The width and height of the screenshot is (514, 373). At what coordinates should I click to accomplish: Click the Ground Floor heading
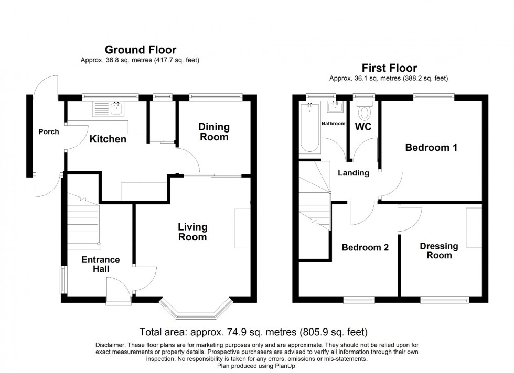pyautogui.click(x=140, y=50)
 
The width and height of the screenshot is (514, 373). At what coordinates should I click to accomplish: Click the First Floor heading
pyautogui.click(x=389, y=68)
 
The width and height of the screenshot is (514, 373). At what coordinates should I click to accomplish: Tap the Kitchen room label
pyautogui.click(x=108, y=139)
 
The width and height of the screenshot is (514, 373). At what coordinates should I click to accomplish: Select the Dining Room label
pyautogui.click(x=213, y=132)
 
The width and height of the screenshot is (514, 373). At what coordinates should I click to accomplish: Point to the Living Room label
pyautogui.click(x=192, y=232)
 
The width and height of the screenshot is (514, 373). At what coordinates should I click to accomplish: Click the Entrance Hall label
pyautogui.click(x=101, y=265)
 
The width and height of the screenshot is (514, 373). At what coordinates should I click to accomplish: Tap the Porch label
pyautogui.click(x=49, y=131)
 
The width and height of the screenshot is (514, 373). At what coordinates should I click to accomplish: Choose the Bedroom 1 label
pyautogui.click(x=431, y=148)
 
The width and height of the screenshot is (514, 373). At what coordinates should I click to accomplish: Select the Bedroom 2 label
pyautogui.click(x=365, y=248)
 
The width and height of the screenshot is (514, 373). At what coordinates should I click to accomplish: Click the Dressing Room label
pyautogui.click(x=438, y=251)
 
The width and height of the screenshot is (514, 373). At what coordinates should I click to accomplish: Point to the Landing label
pyautogui.click(x=353, y=173)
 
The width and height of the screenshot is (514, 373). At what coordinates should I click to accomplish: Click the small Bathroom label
pyautogui.click(x=334, y=124)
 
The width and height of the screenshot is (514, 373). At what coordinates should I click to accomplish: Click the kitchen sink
pyautogui.click(x=108, y=109)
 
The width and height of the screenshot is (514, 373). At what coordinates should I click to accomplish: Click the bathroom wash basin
pyautogui.click(x=334, y=108)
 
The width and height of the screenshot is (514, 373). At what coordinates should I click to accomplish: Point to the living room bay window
pyautogui.click(x=195, y=311)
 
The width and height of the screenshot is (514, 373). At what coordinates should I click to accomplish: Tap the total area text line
pyautogui.click(x=253, y=332)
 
